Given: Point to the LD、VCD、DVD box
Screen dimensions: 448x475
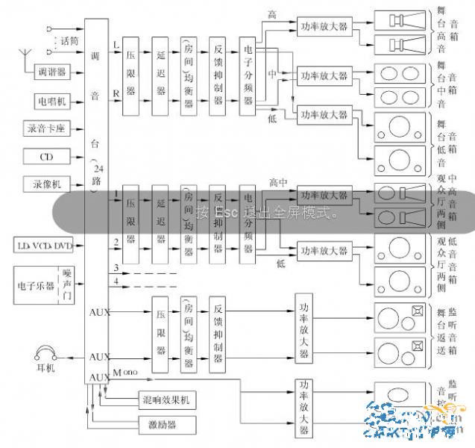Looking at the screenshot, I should coord(44,245).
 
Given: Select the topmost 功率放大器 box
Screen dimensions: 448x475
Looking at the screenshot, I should coord(322,24).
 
